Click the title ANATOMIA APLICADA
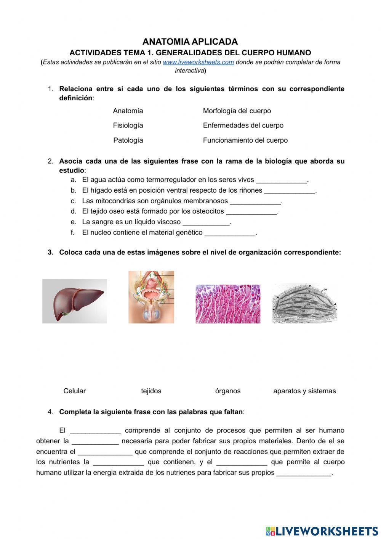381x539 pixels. coord(190,42)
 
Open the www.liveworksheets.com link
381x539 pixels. coord(198,62)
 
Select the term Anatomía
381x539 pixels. coord(128,111)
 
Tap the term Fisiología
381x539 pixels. coord(128,125)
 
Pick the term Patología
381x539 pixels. coord(128,140)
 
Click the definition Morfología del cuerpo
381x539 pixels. coord(237,111)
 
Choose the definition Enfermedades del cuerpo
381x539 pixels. coord(243,125)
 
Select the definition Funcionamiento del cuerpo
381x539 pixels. coord(245,140)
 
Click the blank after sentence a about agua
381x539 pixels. coord(282,180)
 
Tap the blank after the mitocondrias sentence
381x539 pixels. coord(255,202)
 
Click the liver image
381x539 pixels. coord(75,301)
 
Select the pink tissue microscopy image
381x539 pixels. coord(228,304)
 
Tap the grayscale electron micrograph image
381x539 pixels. coord(305,303)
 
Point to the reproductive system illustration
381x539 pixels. coord(151,297)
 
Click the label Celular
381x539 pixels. coord(75,391)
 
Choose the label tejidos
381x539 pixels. coord(151,391)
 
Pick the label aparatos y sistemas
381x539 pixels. coord(304,391)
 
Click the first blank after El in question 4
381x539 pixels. coord(95,431)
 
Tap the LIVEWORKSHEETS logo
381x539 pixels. coord(322,531)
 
